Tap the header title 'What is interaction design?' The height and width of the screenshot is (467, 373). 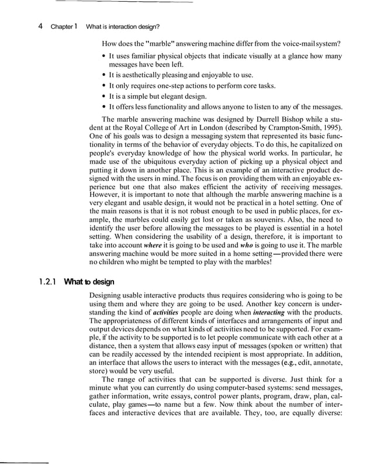coord(123,26)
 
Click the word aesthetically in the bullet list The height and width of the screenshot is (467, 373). coord(146,75)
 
